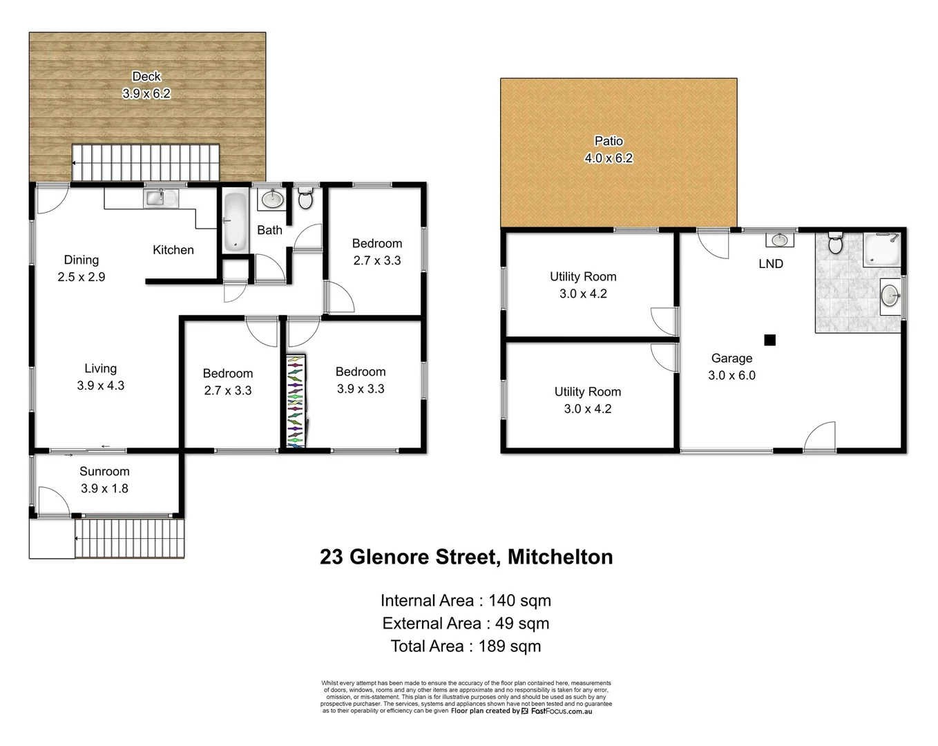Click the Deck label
[146, 77]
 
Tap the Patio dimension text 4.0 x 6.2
[609, 158]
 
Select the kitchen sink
[161, 198]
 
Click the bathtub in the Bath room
[235, 222]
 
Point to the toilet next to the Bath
[305, 199]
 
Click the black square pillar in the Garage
[769, 340]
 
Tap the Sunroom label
[104, 471]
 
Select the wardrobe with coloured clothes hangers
[295, 401]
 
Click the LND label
[771, 264]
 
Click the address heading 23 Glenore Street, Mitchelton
[466, 557]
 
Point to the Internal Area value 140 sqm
[519, 601]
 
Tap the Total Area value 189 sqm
[510, 647]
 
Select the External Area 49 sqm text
[466, 624]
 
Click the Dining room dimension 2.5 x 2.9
[82, 277]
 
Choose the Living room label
[101, 369]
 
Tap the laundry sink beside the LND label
[779, 240]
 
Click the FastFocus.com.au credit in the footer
[561, 711]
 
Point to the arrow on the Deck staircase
[74, 164]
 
